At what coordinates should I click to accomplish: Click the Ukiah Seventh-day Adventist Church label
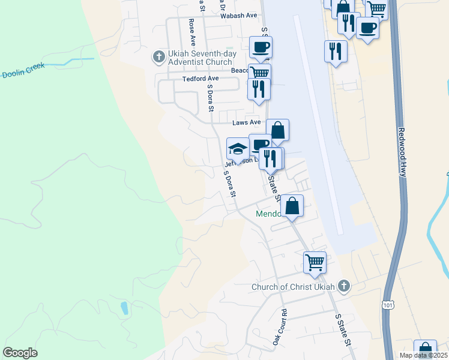pos(200,58)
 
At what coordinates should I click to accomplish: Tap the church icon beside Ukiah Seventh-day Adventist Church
pos(159,57)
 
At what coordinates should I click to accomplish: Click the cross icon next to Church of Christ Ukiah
pos(343,286)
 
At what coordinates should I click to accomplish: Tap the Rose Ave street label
pos(192,32)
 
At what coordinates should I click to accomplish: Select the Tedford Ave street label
pos(200,79)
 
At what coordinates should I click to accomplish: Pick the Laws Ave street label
pos(247,122)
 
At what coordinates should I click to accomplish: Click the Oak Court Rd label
pos(280,327)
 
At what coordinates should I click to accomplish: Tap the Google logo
pos(20,352)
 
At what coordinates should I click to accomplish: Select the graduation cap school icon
pos(238,148)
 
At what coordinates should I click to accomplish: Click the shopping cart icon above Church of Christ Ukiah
pos(315,262)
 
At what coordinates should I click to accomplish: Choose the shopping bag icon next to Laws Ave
pos(277,130)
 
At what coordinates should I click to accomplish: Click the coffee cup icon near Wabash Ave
pos(261,47)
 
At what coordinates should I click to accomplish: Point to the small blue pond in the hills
pos(124,308)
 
